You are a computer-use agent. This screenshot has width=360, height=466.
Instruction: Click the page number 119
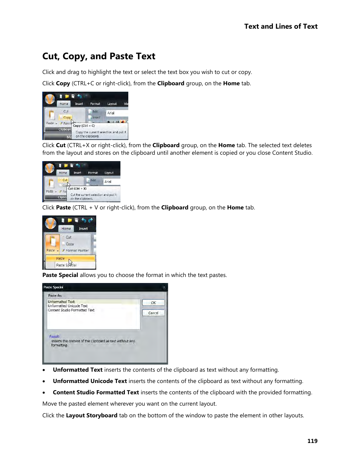coord(312,441)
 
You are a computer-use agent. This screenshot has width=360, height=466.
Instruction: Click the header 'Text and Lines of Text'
coord(281,26)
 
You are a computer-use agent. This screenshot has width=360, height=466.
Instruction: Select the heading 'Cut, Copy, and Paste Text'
coord(99,56)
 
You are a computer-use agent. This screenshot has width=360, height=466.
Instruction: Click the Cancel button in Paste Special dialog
coord(153,313)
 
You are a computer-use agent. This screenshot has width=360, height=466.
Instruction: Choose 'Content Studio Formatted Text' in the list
coord(71,310)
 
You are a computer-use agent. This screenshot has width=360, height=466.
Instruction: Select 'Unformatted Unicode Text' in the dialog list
coord(68,306)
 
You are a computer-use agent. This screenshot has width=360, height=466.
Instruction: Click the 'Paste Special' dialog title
coord(53,287)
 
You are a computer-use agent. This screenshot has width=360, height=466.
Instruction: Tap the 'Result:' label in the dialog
coord(54,336)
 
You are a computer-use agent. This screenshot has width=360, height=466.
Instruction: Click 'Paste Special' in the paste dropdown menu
coord(66,265)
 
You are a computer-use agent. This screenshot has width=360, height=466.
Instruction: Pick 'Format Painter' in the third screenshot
coord(77,251)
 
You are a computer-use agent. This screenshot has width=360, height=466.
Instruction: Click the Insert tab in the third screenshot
coord(83,229)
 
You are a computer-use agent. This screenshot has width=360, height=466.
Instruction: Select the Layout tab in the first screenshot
coord(112,104)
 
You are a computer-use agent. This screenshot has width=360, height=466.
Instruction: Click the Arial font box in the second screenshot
coord(112,181)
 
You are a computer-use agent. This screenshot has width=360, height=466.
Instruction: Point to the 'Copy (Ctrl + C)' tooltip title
coord(84,126)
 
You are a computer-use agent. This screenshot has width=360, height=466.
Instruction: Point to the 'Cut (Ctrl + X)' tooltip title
coord(77,189)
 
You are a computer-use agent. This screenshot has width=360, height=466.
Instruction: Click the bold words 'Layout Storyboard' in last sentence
coord(91,415)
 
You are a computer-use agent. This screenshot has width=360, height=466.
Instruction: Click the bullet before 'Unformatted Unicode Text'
coord(44,381)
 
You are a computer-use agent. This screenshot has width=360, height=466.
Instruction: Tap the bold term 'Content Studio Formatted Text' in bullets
coord(96,392)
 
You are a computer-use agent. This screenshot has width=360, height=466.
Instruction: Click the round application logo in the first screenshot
coord(50,99)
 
